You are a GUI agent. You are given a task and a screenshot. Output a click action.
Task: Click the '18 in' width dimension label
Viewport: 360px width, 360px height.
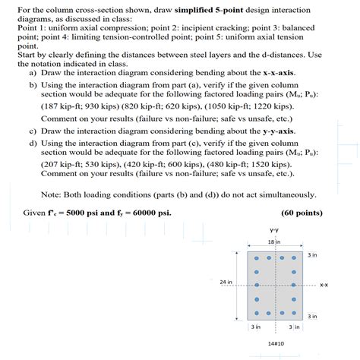(274, 242)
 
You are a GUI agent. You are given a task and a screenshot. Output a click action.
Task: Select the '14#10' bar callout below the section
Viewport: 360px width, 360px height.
(275, 343)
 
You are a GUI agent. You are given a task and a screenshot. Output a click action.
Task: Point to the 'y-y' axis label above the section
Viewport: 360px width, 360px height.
(274, 229)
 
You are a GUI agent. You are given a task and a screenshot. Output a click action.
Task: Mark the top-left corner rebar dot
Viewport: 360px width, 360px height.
(257, 258)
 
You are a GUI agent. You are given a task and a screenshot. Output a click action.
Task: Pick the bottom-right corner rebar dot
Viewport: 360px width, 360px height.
(292, 312)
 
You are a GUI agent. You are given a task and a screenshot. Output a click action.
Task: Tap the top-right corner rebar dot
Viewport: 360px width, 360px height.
(292, 258)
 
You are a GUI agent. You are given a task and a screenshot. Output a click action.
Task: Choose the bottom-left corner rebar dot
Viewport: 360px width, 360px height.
(257, 312)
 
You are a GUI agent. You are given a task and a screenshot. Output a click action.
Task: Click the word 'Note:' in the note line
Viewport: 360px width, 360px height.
(52, 193)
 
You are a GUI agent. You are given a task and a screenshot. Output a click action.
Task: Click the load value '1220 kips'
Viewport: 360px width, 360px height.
(284, 107)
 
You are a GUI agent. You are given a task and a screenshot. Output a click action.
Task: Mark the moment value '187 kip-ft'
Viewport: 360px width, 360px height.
(65, 107)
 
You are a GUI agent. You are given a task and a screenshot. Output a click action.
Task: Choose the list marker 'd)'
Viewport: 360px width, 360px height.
(33, 142)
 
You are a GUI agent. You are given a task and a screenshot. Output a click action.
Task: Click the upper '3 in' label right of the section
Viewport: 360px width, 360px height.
(313, 255)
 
